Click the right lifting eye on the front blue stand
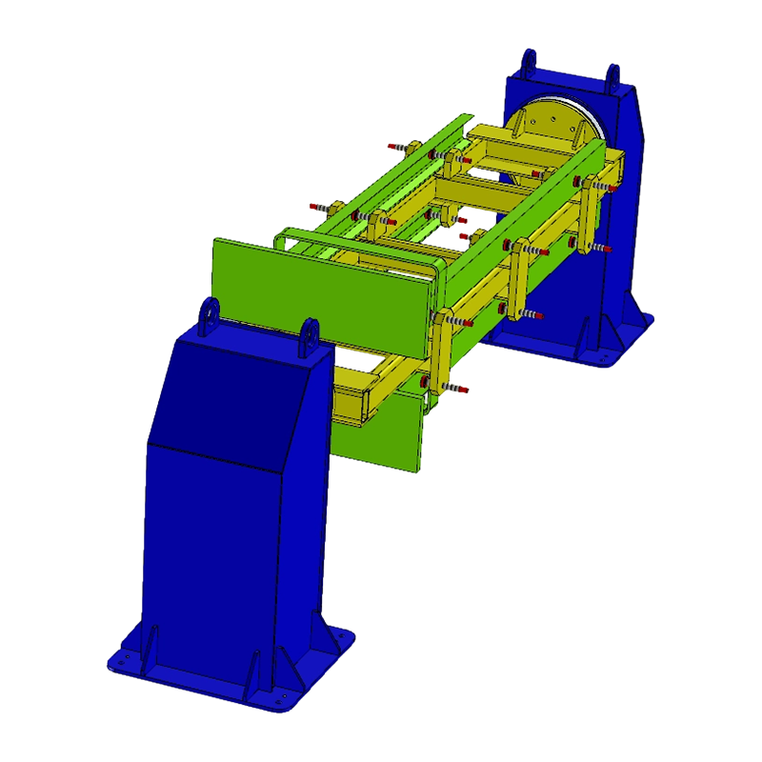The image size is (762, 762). pos(309,337)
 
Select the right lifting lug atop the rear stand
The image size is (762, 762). pos(614,76)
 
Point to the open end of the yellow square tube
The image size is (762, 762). pos(351,401)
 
